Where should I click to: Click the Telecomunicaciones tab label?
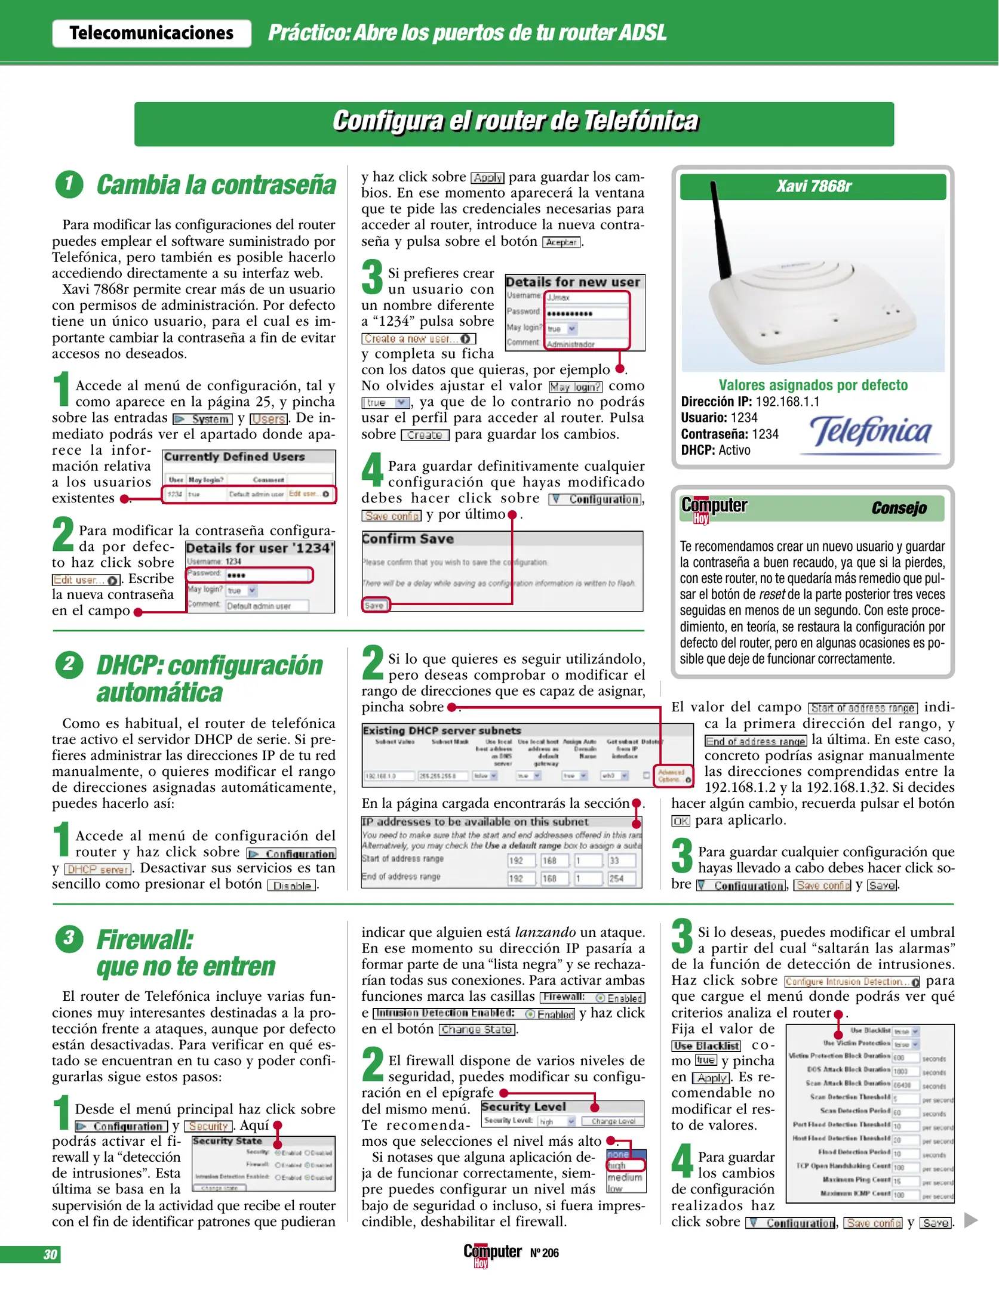tap(151, 33)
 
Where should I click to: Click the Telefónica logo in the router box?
tap(870, 433)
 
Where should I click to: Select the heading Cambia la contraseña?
tap(216, 185)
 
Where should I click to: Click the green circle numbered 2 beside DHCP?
tap(69, 664)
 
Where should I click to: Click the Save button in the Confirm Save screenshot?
tap(375, 605)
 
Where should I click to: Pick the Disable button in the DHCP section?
tap(293, 886)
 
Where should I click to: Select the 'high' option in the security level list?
tap(624, 1165)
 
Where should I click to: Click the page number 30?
tap(50, 1254)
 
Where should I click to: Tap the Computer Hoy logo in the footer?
tap(492, 1253)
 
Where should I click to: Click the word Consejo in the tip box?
tap(899, 508)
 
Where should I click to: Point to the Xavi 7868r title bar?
tap(813, 187)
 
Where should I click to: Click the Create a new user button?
tap(418, 338)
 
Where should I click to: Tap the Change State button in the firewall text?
tap(478, 1029)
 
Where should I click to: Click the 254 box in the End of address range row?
tap(621, 878)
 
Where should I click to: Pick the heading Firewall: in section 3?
tap(145, 940)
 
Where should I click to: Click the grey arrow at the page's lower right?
tap(971, 1220)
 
